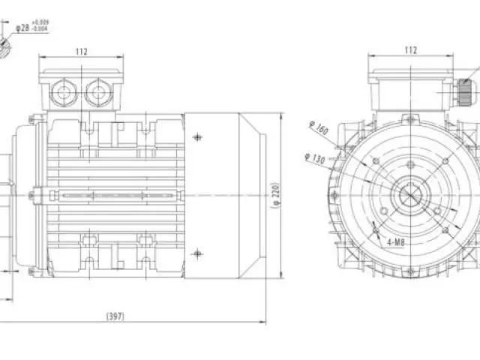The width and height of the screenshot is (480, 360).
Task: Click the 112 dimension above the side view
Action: pyautogui.click(x=82, y=52)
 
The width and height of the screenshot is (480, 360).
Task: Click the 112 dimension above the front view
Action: pyautogui.click(x=411, y=50)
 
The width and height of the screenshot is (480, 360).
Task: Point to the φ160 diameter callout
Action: pyautogui.click(x=319, y=128)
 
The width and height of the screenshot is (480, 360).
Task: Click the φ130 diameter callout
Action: pyautogui.click(x=316, y=160)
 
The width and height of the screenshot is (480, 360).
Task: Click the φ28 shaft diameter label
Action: pyautogui.click(x=24, y=28)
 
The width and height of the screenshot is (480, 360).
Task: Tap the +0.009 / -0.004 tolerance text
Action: pyautogui.click(x=41, y=27)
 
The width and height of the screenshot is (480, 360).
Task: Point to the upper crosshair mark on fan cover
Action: pyautogui.click(x=198, y=137)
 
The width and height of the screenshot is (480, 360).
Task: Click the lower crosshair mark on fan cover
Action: pyautogui.click(x=198, y=252)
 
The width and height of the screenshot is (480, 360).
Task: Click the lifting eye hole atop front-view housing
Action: pyautogui.click(x=409, y=118)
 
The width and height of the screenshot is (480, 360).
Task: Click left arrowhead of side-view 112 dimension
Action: pyautogui.click(x=40, y=58)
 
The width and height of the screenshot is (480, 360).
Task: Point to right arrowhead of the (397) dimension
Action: pyautogui.click(x=265, y=322)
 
